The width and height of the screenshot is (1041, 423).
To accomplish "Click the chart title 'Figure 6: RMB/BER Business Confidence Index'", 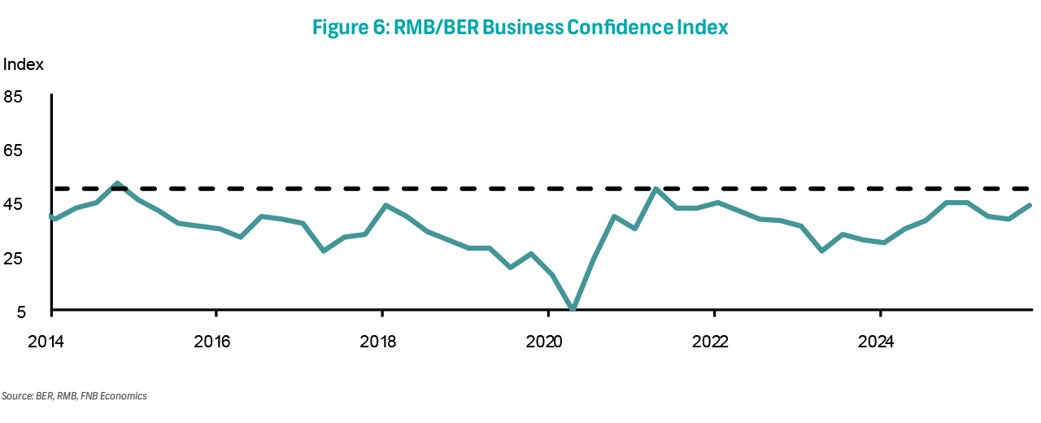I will tap(520, 28).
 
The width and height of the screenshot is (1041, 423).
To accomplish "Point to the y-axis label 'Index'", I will tap(24, 64).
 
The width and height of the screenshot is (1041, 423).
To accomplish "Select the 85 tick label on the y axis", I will tap(14, 97).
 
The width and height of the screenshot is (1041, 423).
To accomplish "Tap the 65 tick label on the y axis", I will tap(14, 150).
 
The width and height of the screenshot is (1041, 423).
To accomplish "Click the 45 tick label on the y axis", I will tap(14, 204).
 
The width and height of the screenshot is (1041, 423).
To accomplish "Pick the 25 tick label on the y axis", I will tap(14, 259).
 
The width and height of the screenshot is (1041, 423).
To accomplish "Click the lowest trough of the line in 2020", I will tap(573, 309).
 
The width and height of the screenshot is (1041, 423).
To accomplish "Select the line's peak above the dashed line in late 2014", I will tap(118, 184).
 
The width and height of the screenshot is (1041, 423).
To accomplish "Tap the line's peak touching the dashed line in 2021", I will tap(656, 190).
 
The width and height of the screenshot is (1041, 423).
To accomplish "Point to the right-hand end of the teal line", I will tap(1030, 205).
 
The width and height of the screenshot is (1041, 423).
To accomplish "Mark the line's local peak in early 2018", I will tap(384, 205).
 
